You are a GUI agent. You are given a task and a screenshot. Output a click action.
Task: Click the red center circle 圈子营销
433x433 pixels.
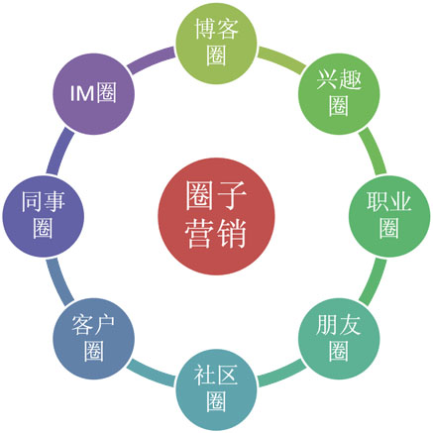pos(216,216)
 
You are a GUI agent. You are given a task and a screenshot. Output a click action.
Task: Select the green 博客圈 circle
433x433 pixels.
pos(216,44)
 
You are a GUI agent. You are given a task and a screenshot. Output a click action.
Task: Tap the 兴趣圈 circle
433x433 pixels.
pos(339,94)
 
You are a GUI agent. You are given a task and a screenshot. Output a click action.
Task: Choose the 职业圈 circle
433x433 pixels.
pos(389,216)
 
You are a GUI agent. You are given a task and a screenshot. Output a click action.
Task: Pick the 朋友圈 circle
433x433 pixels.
pos(339,339)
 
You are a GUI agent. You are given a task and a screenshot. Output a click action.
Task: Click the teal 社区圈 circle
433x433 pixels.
pos(216,389)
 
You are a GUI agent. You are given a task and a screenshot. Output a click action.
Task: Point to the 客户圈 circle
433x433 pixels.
pos(94,339)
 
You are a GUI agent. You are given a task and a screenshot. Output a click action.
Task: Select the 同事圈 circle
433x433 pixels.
pos(44,216)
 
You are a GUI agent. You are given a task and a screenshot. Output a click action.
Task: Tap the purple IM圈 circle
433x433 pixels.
pos(94,94)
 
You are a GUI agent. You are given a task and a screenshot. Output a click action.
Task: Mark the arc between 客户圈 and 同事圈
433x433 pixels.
pos(57,282)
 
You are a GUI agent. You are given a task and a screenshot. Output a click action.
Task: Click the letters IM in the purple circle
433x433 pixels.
pos(82,93)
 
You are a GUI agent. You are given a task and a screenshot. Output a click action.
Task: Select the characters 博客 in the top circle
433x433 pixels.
pos(216,29)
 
